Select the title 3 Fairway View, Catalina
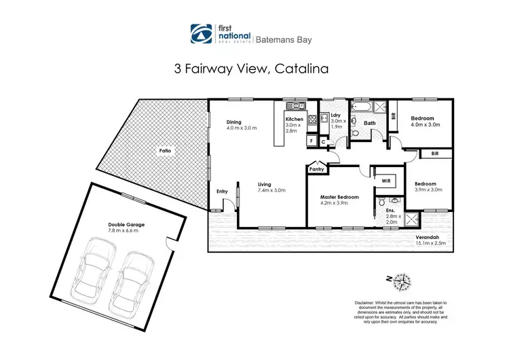point(254,68)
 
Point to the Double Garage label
point(126,224)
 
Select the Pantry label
point(316,169)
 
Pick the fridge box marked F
point(311,141)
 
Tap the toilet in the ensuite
point(382,202)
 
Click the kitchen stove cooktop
point(312,122)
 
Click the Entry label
point(222,192)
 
